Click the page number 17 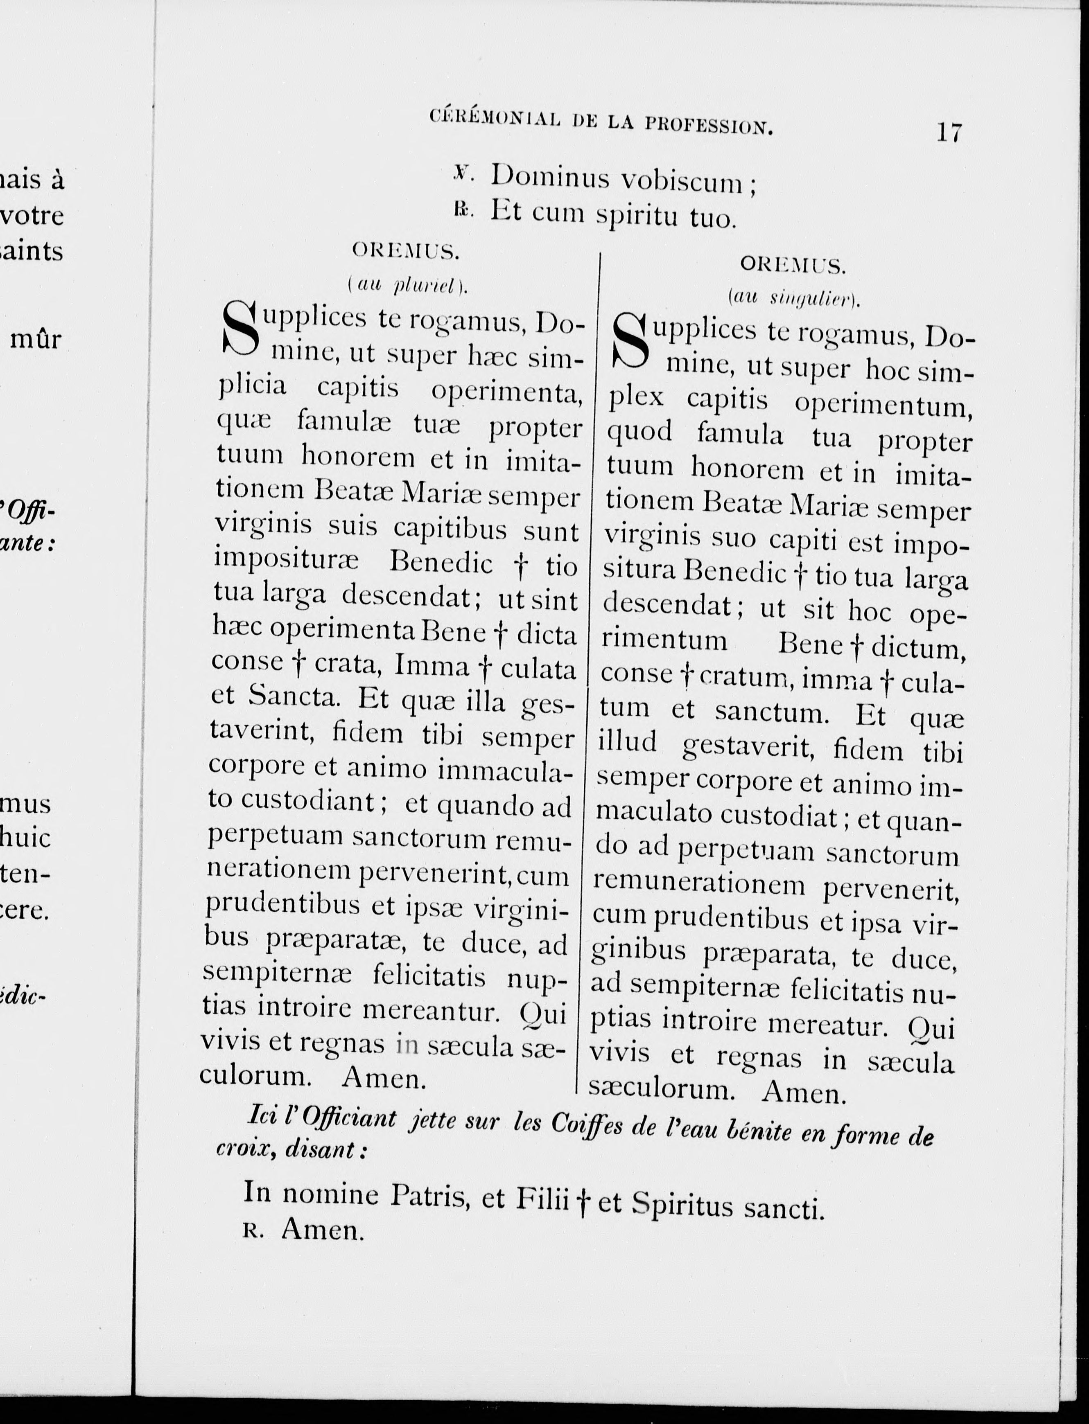[x=949, y=133]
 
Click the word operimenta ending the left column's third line [x=506, y=392]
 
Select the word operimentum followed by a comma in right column [x=884, y=406]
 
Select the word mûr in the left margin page [x=36, y=339]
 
